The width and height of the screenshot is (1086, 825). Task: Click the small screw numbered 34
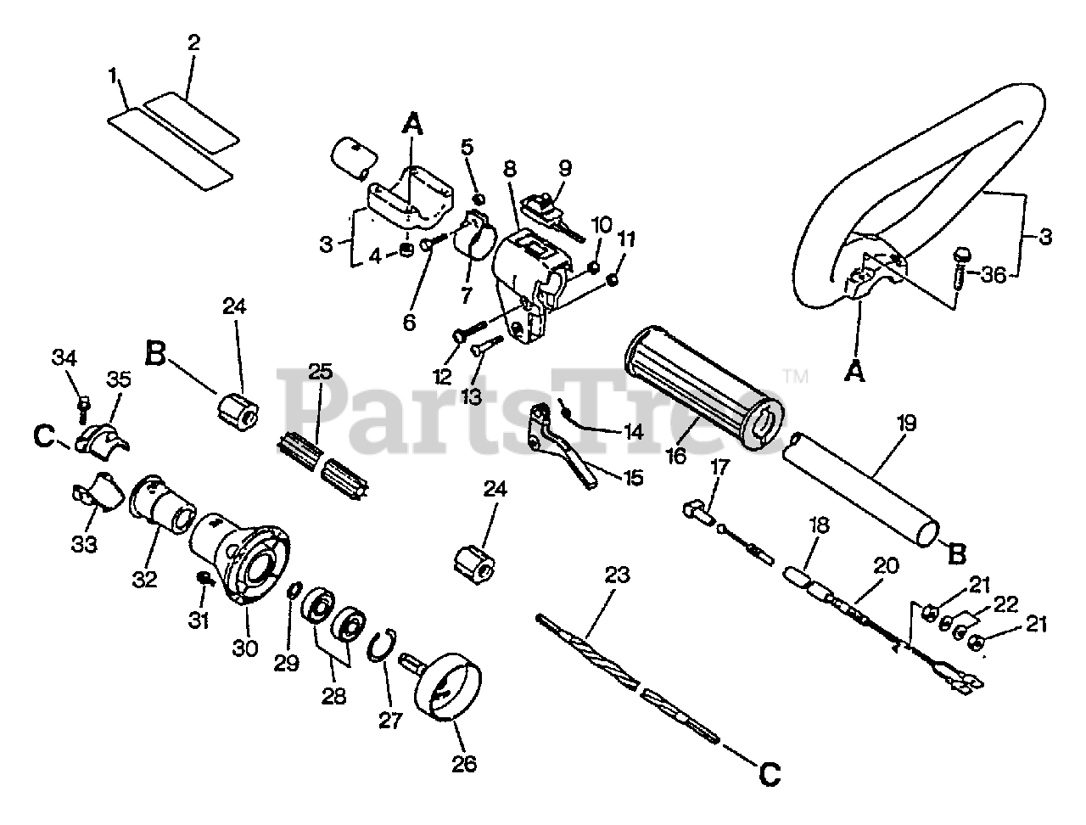click(x=83, y=407)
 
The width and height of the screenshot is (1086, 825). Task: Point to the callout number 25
click(x=320, y=372)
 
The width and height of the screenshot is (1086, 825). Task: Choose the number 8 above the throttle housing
click(x=510, y=168)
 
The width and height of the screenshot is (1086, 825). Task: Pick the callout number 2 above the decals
click(x=193, y=42)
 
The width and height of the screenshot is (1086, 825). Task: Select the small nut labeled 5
click(x=479, y=198)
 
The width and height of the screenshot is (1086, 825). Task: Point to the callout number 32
click(x=145, y=579)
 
